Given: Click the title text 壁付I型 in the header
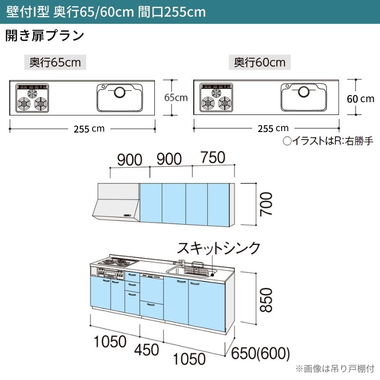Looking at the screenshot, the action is [x=28, y=11].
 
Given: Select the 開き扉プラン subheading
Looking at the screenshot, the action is [x=45, y=35].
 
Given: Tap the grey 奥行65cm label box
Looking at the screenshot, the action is [x=55, y=62].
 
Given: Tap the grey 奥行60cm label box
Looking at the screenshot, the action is [x=259, y=62].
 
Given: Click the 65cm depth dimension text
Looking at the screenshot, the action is [x=176, y=98].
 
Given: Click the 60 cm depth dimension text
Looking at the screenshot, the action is [x=361, y=99].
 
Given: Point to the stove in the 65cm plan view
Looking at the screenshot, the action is [x=32, y=98].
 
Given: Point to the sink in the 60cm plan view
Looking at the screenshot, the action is [x=304, y=97].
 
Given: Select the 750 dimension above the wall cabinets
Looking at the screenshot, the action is [x=213, y=158].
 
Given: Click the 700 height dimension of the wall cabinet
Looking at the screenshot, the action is [x=266, y=204].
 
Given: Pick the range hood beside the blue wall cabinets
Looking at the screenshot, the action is [x=116, y=202].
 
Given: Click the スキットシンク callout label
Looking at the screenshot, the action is [x=218, y=248].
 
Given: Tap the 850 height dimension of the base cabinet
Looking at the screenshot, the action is [x=266, y=300].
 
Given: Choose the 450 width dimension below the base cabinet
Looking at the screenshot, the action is [x=147, y=350].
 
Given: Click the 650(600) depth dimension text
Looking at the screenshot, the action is [x=260, y=353].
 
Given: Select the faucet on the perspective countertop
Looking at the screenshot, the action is [x=179, y=263].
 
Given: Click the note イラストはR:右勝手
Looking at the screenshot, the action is [x=328, y=141].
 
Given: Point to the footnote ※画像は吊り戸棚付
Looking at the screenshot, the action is [x=335, y=369].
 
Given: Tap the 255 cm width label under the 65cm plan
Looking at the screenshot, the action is [x=89, y=129].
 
